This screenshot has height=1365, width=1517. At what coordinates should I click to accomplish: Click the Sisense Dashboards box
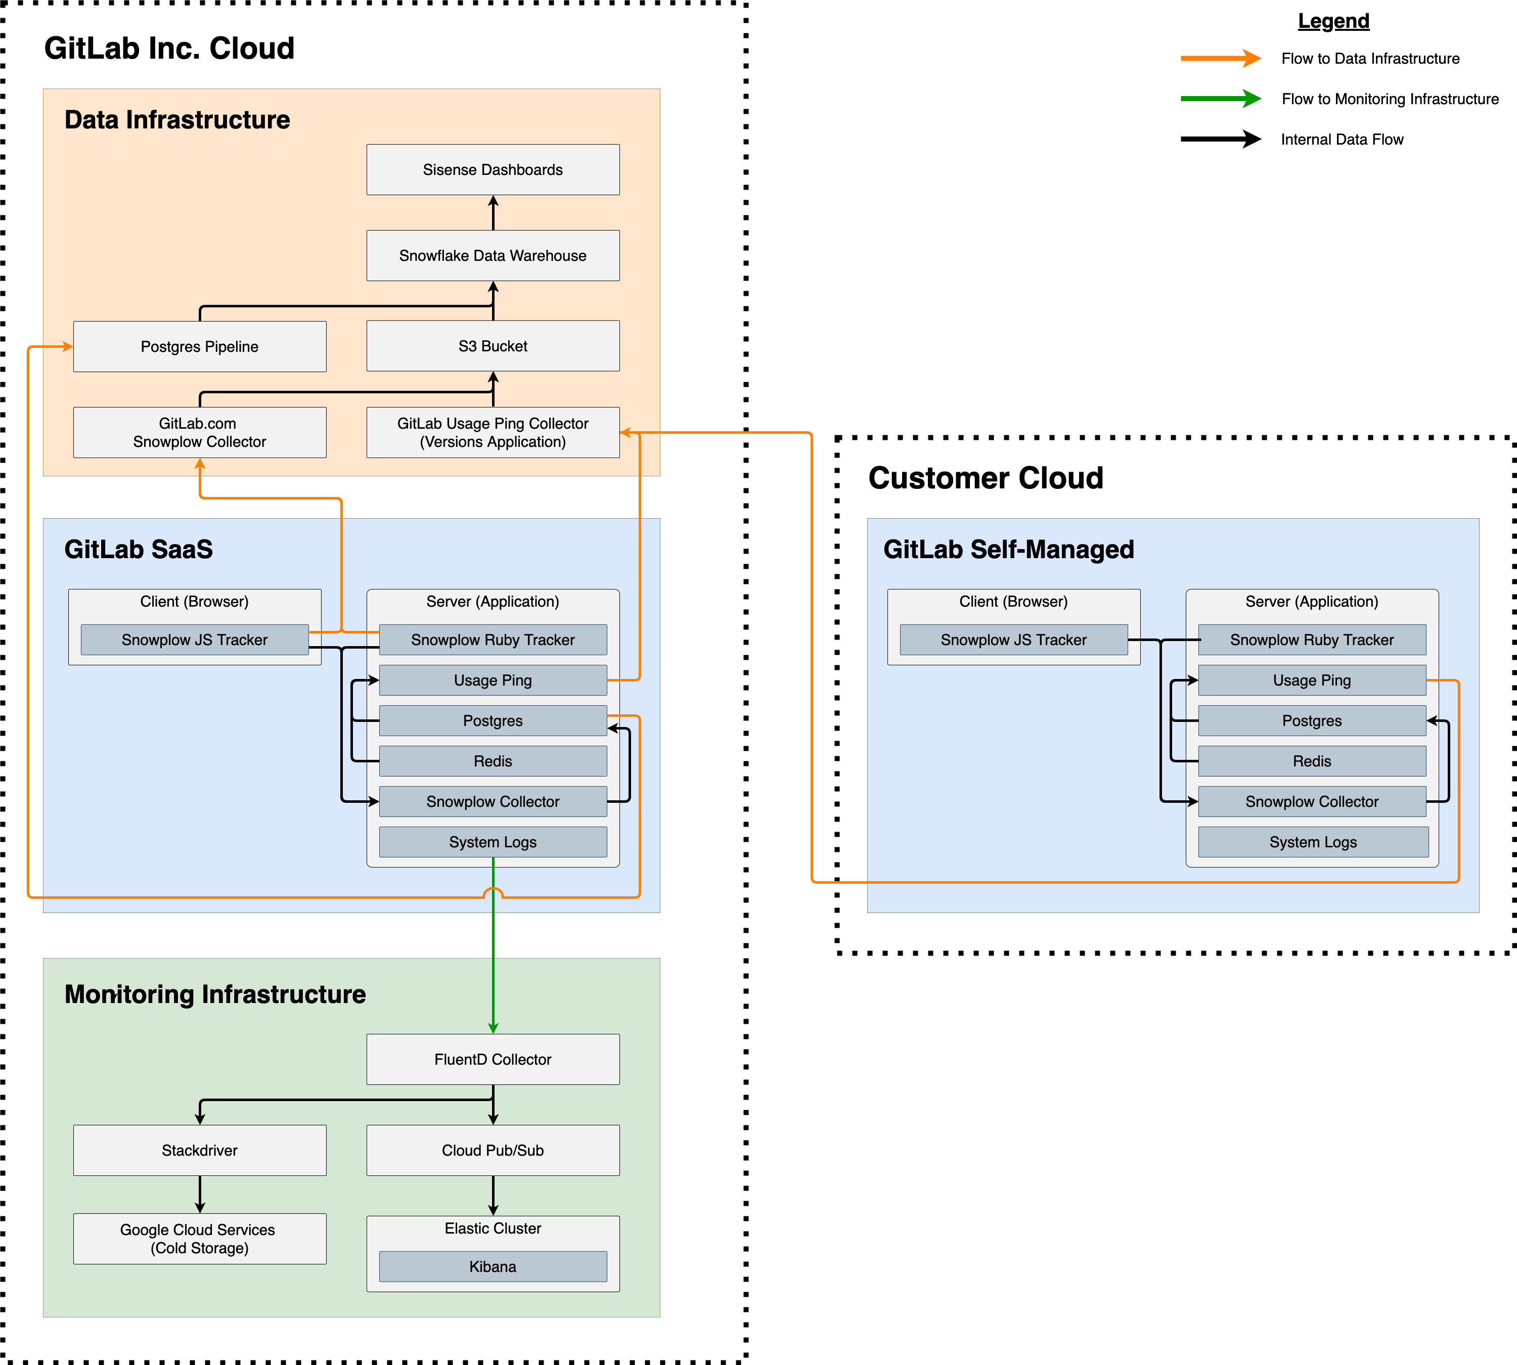[x=493, y=169]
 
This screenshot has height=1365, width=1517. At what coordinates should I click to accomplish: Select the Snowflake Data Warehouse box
[x=493, y=256]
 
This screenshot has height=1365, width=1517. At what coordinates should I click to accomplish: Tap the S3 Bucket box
[x=493, y=346]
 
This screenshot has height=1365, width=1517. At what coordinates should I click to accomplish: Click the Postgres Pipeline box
[x=200, y=346]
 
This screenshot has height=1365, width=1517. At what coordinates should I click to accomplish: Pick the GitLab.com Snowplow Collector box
[x=200, y=433]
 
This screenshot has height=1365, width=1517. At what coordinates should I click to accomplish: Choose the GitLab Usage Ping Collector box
[x=493, y=433]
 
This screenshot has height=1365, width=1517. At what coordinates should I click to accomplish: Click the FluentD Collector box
[x=493, y=1059]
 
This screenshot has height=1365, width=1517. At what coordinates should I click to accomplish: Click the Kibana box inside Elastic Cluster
[x=493, y=1267]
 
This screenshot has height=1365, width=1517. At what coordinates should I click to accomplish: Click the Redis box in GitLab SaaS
[x=493, y=761]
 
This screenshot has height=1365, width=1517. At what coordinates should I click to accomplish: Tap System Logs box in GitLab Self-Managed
[x=1313, y=842]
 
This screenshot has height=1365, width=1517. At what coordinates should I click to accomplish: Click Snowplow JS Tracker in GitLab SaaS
[x=194, y=640]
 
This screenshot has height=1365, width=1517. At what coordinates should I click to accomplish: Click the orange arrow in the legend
[x=1220, y=59]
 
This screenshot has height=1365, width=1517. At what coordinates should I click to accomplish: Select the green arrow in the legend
[x=1220, y=99]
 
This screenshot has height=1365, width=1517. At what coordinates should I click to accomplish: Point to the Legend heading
[x=1333, y=21]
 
